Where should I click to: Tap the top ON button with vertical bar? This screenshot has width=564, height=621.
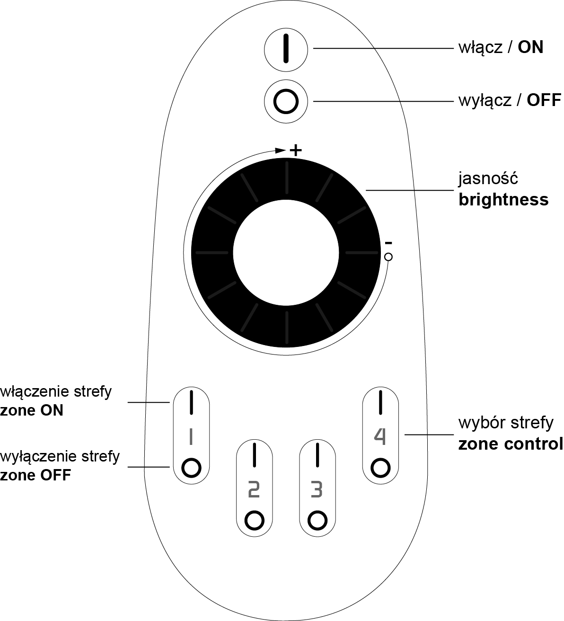(x=286, y=50)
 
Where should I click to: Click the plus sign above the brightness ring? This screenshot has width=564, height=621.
(x=295, y=150)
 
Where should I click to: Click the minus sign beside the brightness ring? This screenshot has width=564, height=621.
(x=388, y=243)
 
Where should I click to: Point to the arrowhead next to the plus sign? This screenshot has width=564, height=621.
(x=280, y=151)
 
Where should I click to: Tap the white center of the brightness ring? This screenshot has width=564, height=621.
(x=286, y=253)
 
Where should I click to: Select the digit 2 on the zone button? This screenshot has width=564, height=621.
(x=254, y=489)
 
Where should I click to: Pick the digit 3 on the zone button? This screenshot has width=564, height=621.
(x=317, y=489)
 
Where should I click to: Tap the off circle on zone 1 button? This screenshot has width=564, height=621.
(x=191, y=468)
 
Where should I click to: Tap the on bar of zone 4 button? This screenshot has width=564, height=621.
(x=380, y=402)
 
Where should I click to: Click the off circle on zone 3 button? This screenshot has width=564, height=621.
(x=317, y=520)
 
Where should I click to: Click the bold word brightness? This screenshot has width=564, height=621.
(x=503, y=200)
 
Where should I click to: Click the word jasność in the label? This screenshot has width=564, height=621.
(x=488, y=178)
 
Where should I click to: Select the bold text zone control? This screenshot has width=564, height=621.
(x=511, y=444)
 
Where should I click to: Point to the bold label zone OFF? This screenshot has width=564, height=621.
(x=35, y=475)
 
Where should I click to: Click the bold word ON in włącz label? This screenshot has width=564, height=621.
(x=530, y=47)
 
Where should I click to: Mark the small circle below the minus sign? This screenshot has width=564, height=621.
(x=388, y=257)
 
